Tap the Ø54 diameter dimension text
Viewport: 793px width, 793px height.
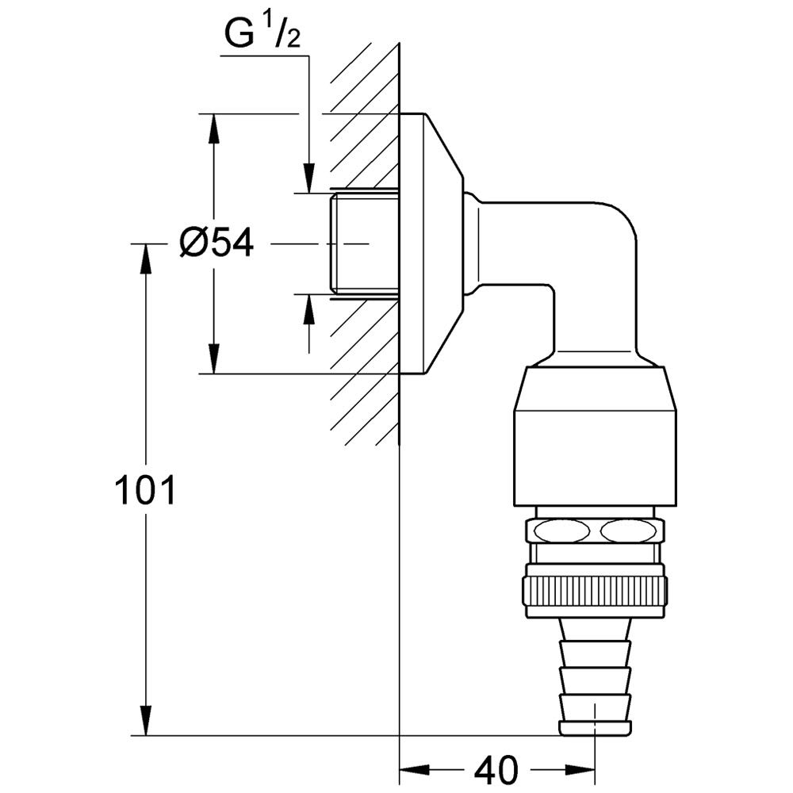pos(216,243)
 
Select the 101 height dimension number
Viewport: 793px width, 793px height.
pos(145,492)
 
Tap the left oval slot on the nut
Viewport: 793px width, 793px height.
pos(558,531)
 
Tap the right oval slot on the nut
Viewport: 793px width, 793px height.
pos(630,531)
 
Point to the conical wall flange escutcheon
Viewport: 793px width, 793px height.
pos(432,243)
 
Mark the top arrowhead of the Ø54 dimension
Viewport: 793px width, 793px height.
pos(213,127)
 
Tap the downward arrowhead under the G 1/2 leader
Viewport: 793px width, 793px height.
pos(309,179)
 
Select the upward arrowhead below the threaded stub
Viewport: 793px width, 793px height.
pos(309,308)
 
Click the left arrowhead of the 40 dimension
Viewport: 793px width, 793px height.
pos(412,768)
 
